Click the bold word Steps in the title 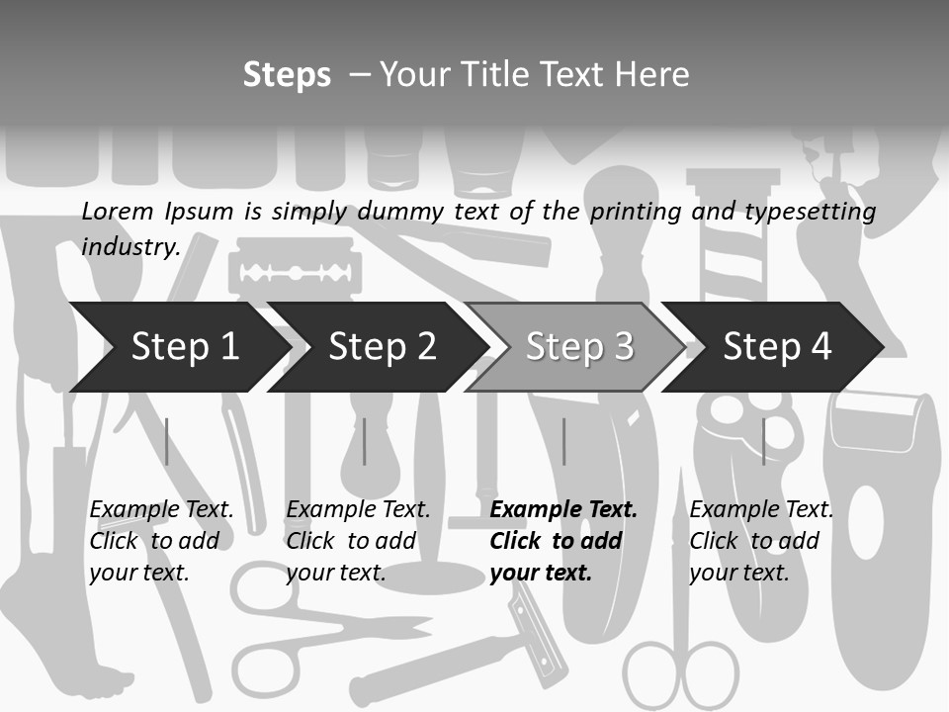287,75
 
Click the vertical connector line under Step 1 166,441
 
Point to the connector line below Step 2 365,441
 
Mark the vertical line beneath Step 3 564,441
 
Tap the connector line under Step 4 763,441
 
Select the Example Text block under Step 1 161,541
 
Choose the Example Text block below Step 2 358,541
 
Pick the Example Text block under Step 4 761,541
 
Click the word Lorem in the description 119,211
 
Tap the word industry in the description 129,246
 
